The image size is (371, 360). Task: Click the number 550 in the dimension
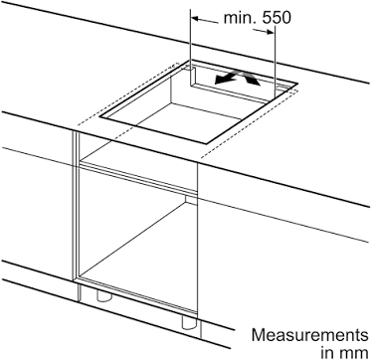coord(277,18)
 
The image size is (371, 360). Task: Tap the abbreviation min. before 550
coord(241,18)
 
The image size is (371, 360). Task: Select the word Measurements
coord(309,335)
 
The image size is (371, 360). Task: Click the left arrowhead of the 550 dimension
coord(196,19)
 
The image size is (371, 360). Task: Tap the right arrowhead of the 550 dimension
coord(271,32)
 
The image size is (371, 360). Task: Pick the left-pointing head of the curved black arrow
coord(221,80)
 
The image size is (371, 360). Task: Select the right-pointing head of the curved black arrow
coord(254,81)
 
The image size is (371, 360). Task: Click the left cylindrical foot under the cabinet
coord(104,295)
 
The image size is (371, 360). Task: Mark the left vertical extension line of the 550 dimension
coord(190,47)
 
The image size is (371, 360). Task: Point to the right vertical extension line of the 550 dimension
coord(275,63)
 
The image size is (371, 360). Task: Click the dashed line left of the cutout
coord(128,93)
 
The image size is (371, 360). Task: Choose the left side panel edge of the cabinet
coord(76,206)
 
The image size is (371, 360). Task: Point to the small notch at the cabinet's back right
coord(191,200)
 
